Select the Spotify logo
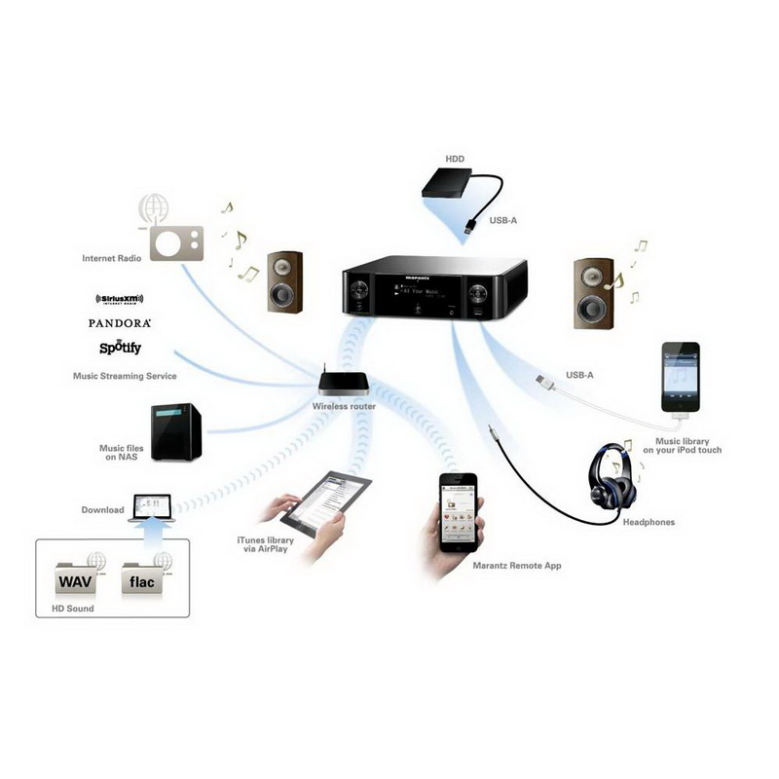[120, 347]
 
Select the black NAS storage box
[175, 429]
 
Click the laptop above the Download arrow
[150, 508]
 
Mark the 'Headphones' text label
[648, 522]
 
